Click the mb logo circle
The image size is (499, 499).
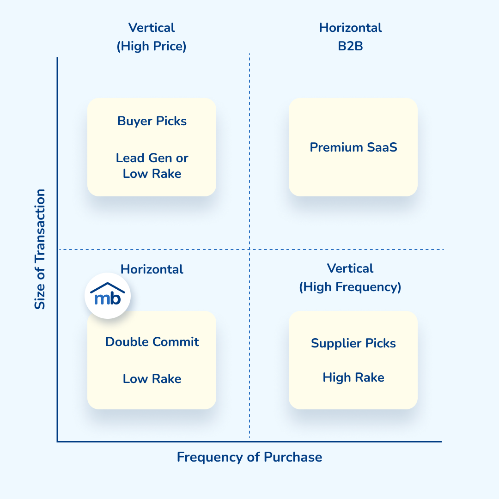108,296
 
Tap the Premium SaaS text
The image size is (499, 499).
353,147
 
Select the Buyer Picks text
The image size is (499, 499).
152,121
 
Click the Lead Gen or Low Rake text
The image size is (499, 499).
152,166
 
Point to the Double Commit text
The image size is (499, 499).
152,342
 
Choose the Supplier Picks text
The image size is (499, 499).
353,343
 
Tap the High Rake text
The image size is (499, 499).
353,377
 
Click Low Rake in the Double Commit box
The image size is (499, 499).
152,379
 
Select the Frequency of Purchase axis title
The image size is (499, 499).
249,457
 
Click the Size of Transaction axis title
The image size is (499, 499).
41,249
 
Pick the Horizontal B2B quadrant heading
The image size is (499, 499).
350,37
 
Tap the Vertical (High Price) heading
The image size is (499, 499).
152,37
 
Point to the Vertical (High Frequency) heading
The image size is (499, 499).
350,278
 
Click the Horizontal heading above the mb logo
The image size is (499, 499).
152,269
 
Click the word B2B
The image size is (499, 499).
350,46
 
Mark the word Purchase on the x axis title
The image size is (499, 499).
293,457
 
